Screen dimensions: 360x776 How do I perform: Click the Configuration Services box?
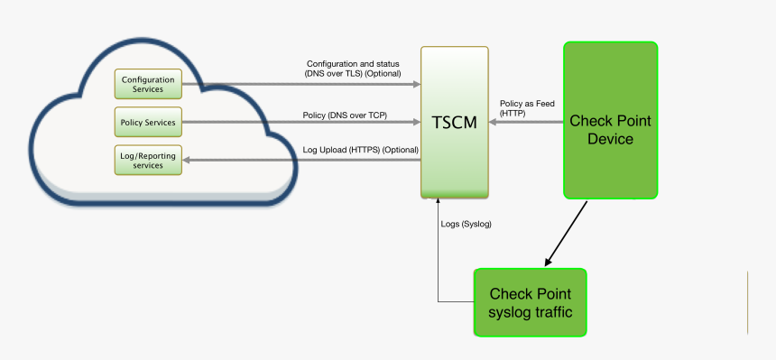[148, 84]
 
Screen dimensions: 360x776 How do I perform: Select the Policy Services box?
[148, 122]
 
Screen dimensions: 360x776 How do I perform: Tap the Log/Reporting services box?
[148, 160]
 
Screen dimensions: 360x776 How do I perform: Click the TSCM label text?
[454, 122]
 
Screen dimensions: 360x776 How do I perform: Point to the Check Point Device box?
[610, 119]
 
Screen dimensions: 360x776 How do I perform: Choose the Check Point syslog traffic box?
[530, 302]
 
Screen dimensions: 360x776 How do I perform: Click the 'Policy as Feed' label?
[527, 103]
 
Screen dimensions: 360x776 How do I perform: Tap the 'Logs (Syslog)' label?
[466, 223]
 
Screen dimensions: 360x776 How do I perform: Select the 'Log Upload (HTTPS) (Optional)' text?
[361, 149]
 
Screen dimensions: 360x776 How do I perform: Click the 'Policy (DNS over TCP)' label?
[345, 115]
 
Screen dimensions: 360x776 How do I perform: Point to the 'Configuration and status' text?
[354, 63]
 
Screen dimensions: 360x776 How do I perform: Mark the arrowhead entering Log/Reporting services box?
[188, 160]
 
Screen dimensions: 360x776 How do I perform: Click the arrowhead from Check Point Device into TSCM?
[494, 122]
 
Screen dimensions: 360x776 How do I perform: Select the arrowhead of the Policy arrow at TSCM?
[416, 122]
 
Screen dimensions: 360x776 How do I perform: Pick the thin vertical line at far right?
[747, 302]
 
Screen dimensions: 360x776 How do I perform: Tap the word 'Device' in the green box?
[610, 139]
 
